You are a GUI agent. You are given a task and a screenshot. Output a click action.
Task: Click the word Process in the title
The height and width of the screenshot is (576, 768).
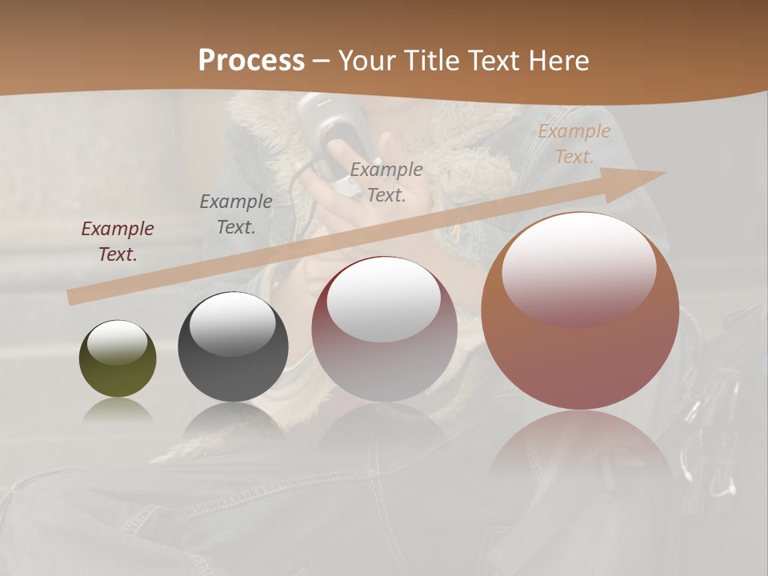coord(251,61)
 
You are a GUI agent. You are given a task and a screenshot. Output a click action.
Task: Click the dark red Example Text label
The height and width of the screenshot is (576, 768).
coord(118,242)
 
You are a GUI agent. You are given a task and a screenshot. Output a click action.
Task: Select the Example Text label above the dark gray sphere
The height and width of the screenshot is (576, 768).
coord(236,214)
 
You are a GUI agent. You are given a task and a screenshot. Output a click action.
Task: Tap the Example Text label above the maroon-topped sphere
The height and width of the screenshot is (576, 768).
coord(386,182)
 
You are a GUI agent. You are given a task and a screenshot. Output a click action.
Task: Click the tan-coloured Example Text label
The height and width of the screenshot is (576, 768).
coord(574,144)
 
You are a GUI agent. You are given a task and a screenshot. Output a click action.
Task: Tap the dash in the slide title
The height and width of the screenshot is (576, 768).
coord(321,61)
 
